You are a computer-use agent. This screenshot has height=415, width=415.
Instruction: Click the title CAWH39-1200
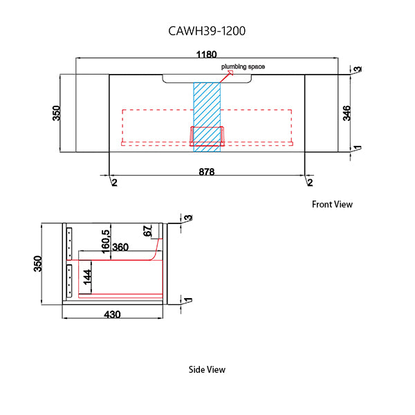207,31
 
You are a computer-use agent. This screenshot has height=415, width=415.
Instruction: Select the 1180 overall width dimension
207,54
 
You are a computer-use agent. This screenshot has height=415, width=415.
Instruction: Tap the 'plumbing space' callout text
243,66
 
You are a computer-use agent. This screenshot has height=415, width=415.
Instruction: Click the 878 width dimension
207,171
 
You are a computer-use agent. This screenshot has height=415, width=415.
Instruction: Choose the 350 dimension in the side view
38,264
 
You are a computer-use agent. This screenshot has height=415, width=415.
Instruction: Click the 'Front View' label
332,204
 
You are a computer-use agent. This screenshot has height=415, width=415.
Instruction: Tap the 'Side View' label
207,369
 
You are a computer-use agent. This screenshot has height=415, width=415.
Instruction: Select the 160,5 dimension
105,242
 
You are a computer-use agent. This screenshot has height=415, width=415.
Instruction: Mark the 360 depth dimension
120,248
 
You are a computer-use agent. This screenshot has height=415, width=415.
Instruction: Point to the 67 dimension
147,231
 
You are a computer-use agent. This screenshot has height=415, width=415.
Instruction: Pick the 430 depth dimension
113,315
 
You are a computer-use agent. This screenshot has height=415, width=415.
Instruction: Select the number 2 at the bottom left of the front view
114,182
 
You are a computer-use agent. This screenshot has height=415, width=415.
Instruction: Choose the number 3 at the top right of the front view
358,69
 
